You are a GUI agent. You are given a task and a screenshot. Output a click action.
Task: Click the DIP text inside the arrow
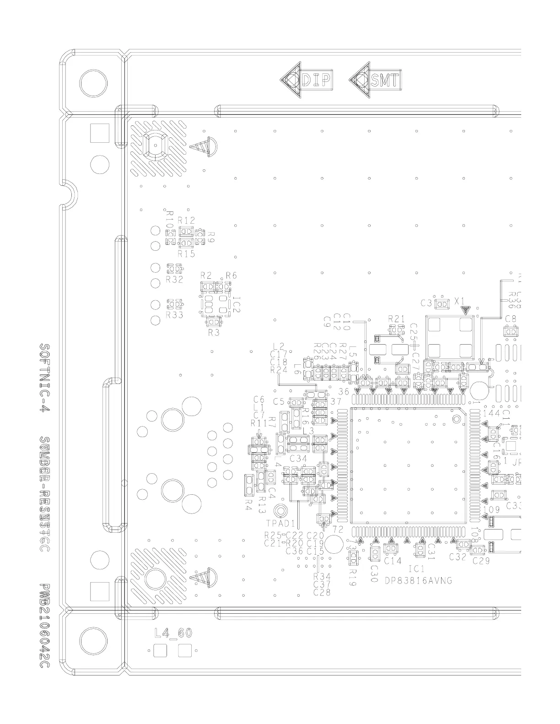(x=316, y=80)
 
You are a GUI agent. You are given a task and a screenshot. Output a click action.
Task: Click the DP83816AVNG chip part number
(x=418, y=580)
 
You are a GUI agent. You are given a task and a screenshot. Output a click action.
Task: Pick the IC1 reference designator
(x=417, y=569)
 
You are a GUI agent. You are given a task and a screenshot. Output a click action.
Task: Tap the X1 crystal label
(x=459, y=300)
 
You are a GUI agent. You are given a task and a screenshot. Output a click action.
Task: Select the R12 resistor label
(x=186, y=220)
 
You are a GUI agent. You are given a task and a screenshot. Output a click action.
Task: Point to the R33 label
(x=174, y=315)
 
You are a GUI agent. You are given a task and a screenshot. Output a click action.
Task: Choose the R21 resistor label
(x=397, y=318)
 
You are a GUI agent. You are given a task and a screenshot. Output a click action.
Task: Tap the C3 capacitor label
(x=426, y=303)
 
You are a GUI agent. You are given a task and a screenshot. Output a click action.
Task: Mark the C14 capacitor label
(x=393, y=560)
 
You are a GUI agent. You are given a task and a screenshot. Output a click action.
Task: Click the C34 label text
(x=298, y=458)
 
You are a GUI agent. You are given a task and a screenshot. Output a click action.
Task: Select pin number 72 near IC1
(x=338, y=529)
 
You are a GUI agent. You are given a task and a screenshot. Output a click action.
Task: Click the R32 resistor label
(x=174, y=279)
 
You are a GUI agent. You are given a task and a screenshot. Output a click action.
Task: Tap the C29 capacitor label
(x=481, y=561)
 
